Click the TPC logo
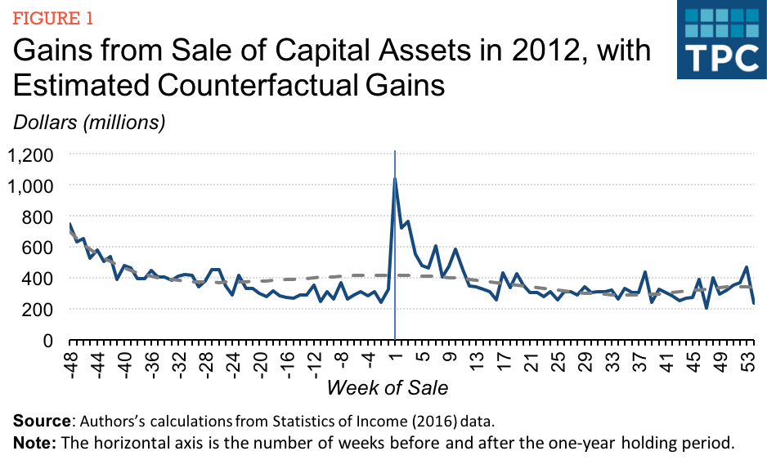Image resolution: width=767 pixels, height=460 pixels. coord(718,41)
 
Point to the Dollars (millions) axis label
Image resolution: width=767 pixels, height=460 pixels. coord(88,123)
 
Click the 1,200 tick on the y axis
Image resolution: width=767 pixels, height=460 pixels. coord(30,155)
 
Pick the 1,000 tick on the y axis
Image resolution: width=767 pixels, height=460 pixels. coord(30,186)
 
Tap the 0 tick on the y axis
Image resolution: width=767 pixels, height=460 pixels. coord(48,340)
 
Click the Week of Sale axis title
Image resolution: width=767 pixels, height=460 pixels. coord(387,386)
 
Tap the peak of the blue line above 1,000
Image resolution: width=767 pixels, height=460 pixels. coord(396,178)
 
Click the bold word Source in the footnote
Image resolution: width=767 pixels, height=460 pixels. coord(40,422)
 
